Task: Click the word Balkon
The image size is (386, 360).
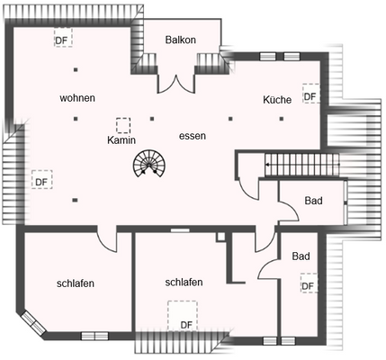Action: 181,40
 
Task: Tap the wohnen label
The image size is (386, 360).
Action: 77,97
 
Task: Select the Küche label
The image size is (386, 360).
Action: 277,99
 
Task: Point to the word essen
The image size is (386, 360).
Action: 193,136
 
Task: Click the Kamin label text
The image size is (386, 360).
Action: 121,140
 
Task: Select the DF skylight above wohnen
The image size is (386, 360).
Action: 62,40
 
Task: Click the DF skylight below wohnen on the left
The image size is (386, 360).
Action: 40,180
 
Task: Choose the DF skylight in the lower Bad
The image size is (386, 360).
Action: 308,286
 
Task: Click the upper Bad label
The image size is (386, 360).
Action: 313,201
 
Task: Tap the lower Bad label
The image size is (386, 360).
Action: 301,256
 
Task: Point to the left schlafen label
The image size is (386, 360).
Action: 76,283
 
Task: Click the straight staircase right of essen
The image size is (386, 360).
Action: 296,166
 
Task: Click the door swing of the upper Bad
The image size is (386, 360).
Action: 287,211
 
